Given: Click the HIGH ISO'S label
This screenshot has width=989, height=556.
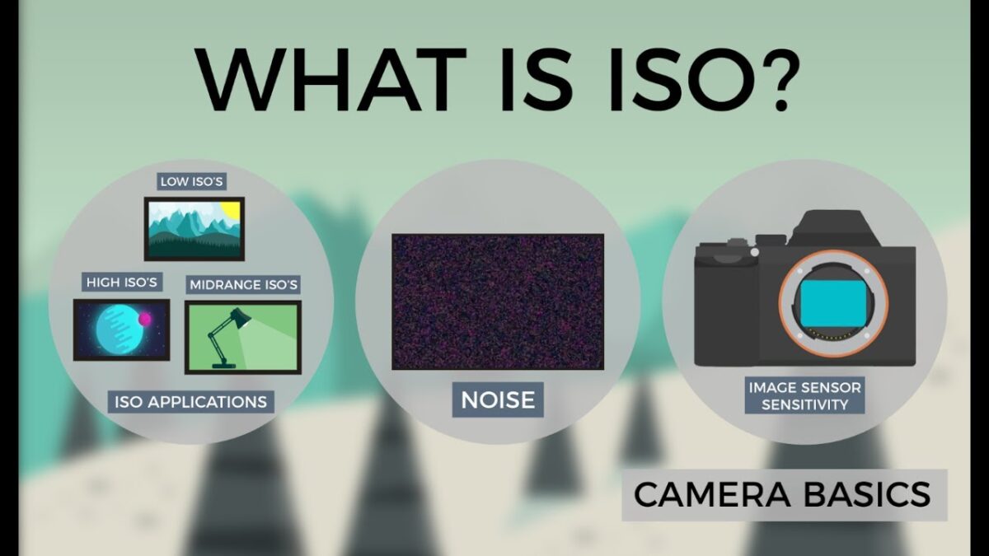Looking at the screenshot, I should tap(122, 283).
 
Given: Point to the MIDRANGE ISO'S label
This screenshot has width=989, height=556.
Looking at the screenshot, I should tap(244, 285).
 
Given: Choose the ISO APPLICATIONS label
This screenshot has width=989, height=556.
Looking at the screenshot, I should tap(190, 402).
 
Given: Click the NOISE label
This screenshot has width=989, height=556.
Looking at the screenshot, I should tap(497, 400).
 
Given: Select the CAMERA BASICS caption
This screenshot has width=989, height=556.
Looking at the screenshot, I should tap(783, 495).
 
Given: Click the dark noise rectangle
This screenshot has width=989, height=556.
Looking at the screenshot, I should tap(497, 301).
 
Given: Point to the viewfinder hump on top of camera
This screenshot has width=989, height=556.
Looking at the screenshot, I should tap(832, 227).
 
